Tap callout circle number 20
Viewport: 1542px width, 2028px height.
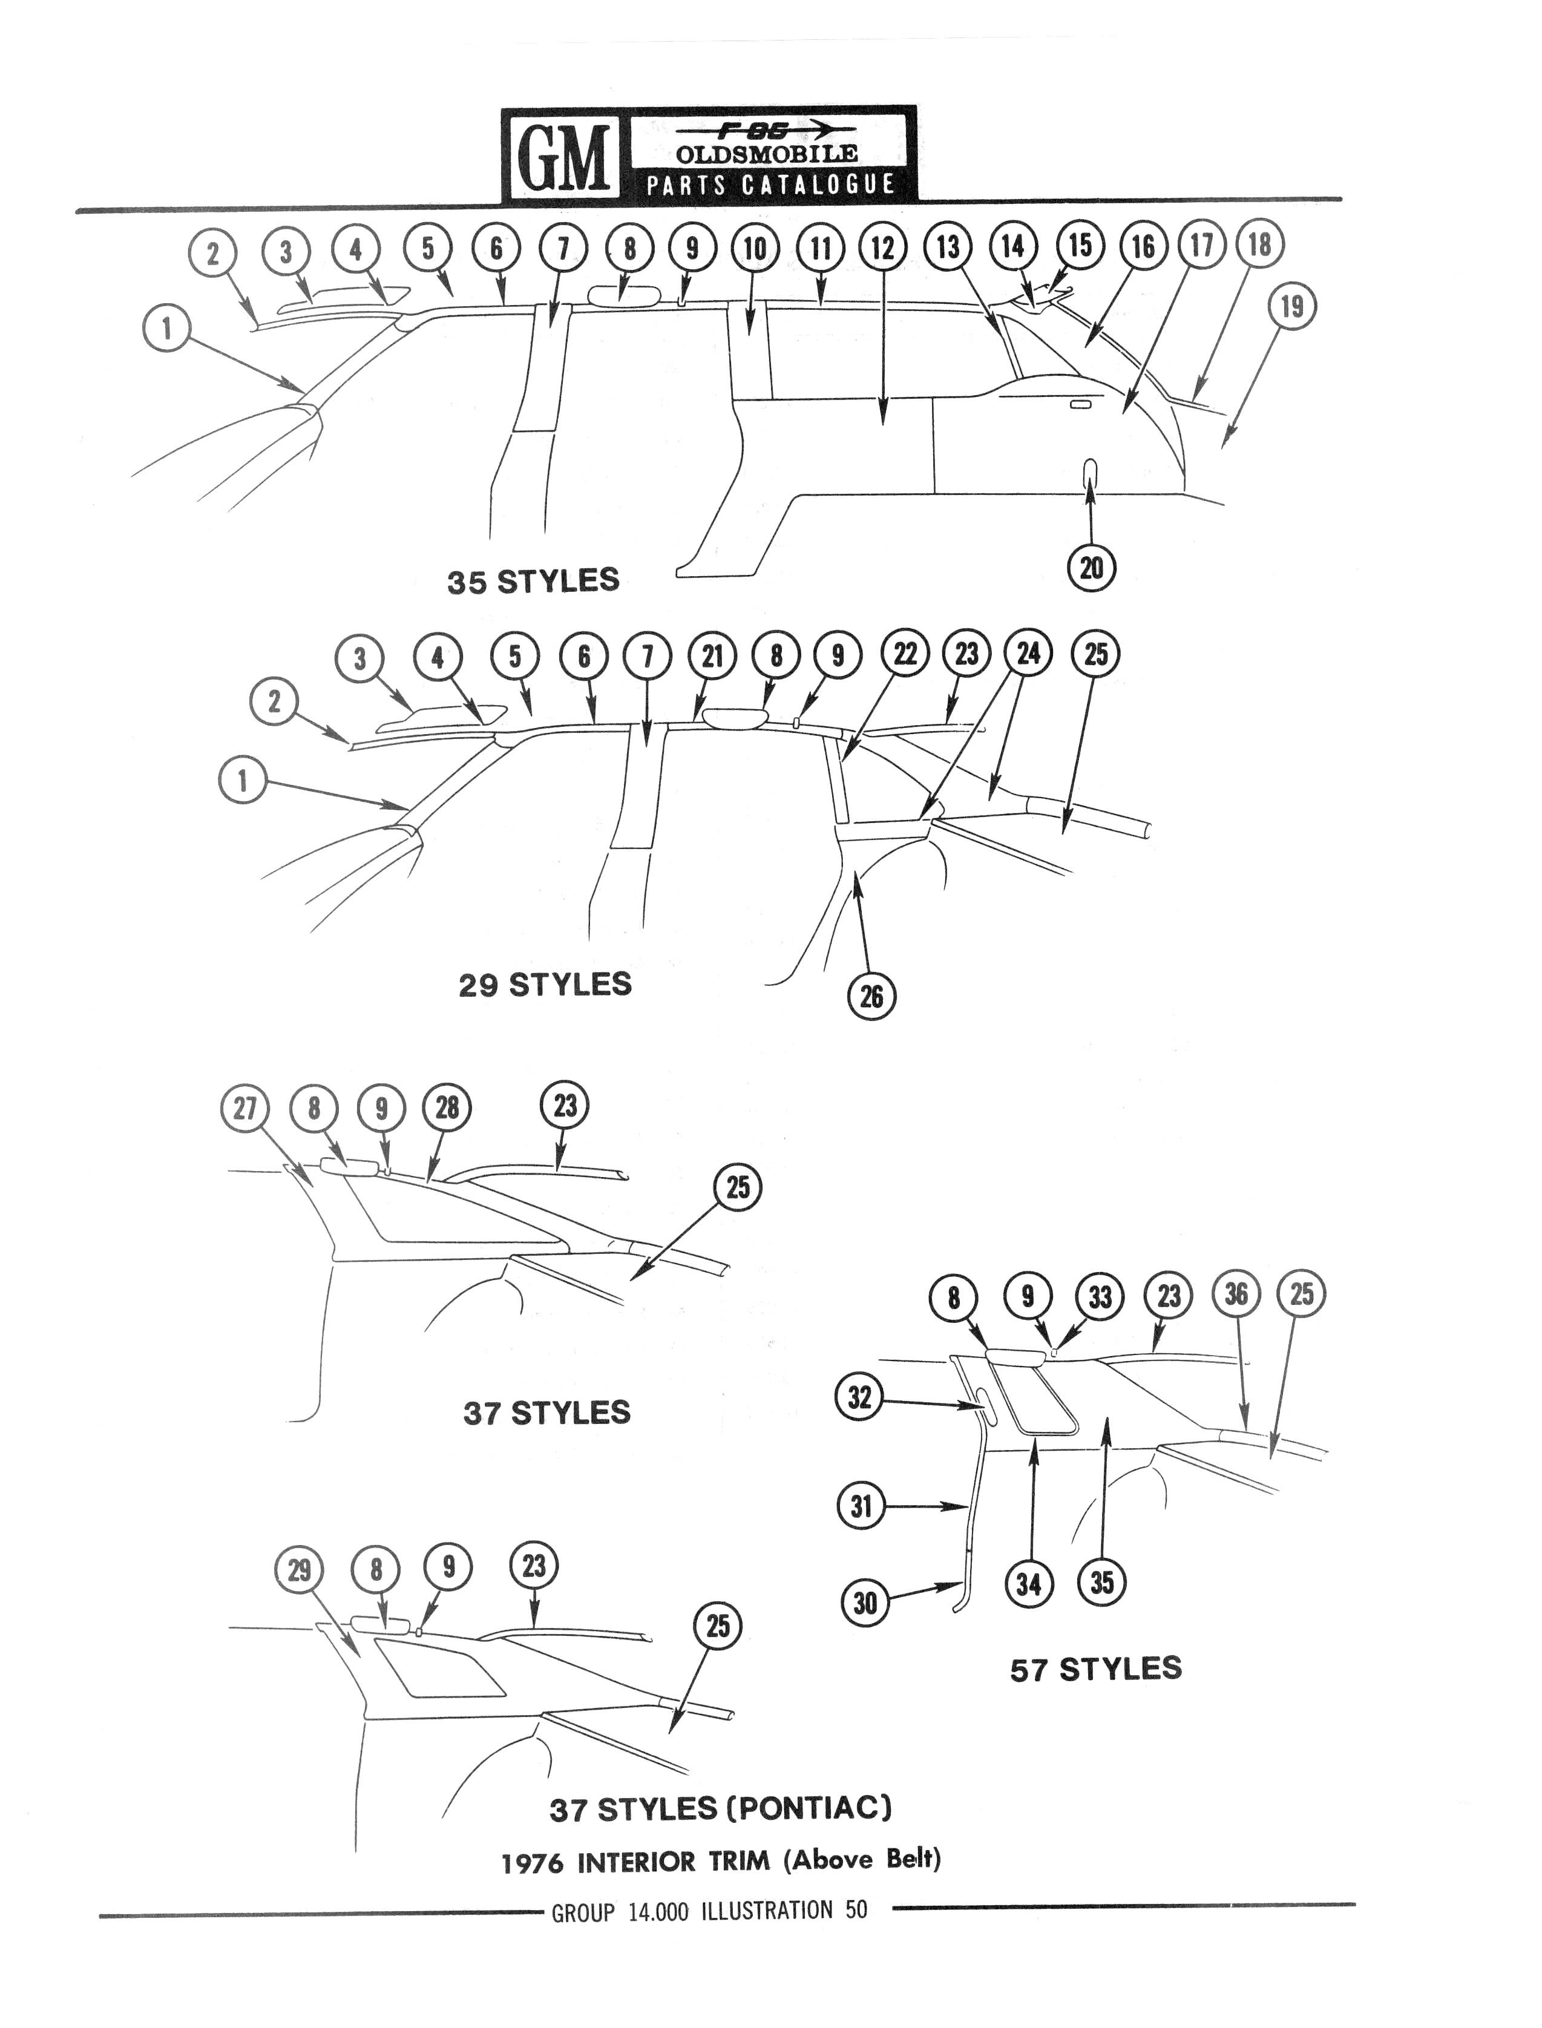click(x=1091, y=568)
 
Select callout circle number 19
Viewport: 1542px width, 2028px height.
click(x=1291, y=306)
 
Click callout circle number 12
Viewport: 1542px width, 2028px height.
click(x=883, y=248)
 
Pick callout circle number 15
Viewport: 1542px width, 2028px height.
click(x=1080, y=245)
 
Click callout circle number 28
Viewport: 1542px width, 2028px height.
click(x=447, y=1109)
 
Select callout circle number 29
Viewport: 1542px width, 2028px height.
click(x=299, y=1570)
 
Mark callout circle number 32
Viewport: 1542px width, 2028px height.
click(x=859, y=1397)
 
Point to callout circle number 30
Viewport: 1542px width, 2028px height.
click(x=865, y=1603)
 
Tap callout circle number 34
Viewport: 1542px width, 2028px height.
click(x=1029, y=1583)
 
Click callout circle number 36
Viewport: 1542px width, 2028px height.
click(x=1236, y=1294)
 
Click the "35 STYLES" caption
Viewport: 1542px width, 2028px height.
click(x=533, y=581)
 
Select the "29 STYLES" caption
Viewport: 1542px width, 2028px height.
click(x=545, y=985)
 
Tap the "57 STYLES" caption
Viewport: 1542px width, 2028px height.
click(x=1096, y=1669)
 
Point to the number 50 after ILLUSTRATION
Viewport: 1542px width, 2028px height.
click(x=856, y=1909)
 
